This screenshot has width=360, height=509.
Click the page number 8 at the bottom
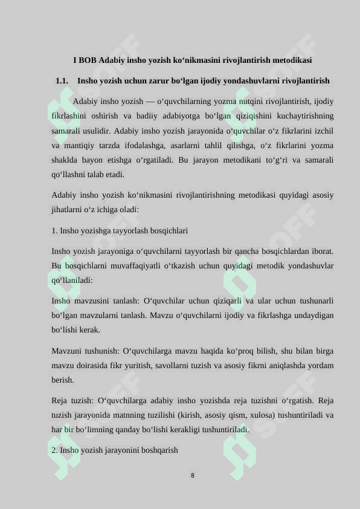pos(193,476)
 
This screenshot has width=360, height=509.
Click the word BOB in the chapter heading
pos(87,60)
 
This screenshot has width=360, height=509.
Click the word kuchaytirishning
pos(304,116)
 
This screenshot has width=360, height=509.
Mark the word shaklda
pos(64,160)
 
